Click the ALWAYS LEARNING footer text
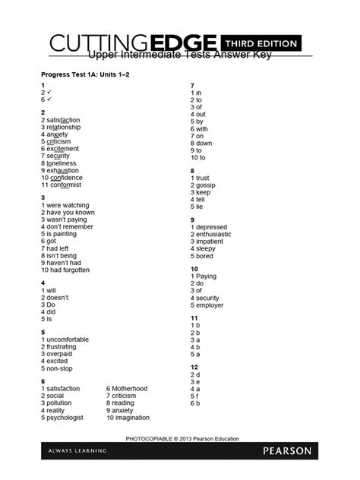point(74,451)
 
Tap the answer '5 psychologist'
point(66,418)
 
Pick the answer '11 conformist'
point(65,185)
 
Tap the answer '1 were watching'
point(68,205)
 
